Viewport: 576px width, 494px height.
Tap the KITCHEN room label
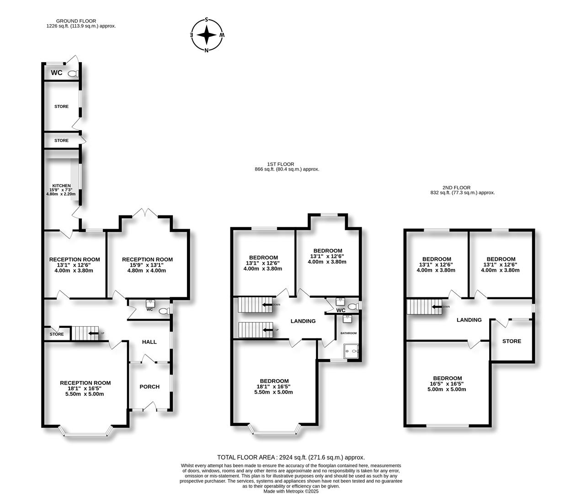(61, 186)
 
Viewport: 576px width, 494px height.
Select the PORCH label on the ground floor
(149, 387)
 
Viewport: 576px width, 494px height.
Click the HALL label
(149, 342)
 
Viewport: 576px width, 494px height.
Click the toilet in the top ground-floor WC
(73, 73)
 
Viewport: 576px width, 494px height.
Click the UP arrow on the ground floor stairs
(93, 333)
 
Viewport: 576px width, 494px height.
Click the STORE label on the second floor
(512, 341)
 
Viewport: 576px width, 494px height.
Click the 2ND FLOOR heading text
(456, 188)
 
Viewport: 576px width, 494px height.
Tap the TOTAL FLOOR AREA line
(291, 457)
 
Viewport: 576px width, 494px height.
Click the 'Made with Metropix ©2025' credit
(291, 491)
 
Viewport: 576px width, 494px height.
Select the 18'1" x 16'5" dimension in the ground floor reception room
(85, 388)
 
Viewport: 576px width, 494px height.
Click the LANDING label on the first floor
(303, 321)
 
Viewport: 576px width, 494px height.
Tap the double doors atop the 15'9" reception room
(146, 212)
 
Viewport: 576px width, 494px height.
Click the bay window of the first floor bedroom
(275, 430)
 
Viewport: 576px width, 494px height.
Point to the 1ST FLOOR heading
(281, 164)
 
